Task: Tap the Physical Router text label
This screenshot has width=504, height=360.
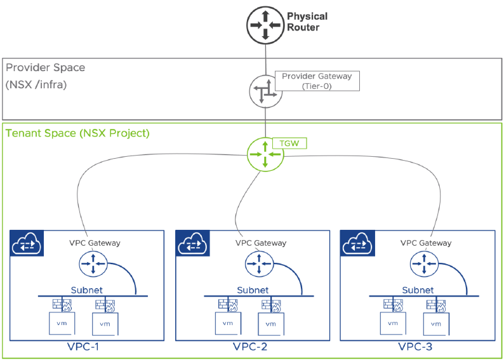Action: point(307,22)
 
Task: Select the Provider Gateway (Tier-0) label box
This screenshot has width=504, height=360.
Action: point(317,81)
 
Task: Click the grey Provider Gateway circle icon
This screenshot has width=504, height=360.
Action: point(265,91)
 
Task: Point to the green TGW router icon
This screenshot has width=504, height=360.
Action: point(265,155)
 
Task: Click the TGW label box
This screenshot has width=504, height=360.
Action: point(289,143)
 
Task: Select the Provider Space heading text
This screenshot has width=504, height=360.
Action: point(46,67)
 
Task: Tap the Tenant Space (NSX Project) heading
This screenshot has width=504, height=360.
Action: point(78,133)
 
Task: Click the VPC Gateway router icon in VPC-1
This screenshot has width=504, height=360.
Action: point(93,263)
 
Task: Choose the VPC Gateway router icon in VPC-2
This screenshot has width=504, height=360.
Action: point(259,263)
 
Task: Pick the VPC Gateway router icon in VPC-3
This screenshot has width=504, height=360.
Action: point(424,263)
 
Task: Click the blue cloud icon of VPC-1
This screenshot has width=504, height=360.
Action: point(27,243)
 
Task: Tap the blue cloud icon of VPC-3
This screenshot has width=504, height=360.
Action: point(357,243)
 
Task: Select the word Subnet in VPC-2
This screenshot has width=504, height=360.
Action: point(253,290)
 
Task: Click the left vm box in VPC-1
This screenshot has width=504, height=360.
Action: point(62,323)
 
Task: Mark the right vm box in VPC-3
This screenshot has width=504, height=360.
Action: point(436,324)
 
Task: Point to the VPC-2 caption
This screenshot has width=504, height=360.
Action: point(250,347)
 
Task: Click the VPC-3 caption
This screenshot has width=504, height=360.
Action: point(415,347)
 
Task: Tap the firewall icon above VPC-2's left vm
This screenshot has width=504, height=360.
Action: point(228,305)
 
